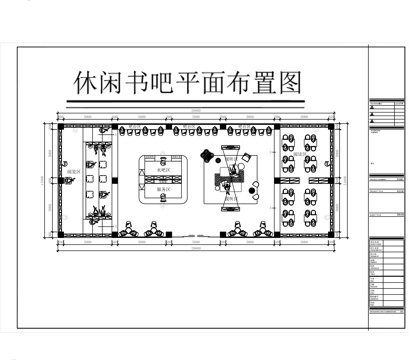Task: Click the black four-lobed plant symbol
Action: [x=207, y=154]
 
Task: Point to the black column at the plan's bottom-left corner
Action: [x=58, y=239]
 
